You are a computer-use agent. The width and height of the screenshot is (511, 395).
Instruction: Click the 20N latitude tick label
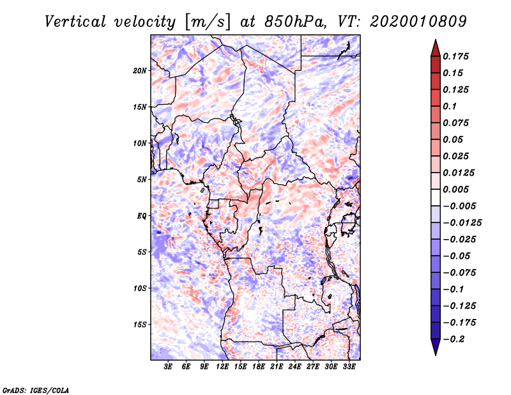[140, 70]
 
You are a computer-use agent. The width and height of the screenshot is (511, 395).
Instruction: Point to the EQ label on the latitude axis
[141, 216]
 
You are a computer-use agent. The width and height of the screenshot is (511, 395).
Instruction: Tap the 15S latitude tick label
[140, 325]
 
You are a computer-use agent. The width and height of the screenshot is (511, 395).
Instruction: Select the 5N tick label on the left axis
[141, 180]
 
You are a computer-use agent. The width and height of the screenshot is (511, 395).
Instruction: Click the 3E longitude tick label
[168, 368]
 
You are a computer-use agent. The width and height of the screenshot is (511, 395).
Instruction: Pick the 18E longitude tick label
[259, 368]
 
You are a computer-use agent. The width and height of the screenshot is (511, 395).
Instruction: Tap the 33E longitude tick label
[349, 368]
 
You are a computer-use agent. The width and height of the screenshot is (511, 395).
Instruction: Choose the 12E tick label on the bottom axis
[222, 368]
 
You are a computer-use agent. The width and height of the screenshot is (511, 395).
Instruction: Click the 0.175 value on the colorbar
[457, 56]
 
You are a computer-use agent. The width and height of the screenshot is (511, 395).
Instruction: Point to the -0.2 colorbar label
[457, 339]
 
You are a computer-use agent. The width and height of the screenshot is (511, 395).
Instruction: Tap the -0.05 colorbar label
[460, 256]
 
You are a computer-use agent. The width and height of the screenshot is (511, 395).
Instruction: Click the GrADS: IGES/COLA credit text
[28, 389]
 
